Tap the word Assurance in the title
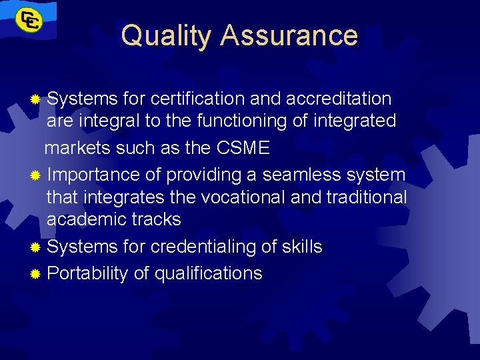(x=289, y=35)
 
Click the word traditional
(x=369, y=197)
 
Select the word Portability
(x=87, y=273)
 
